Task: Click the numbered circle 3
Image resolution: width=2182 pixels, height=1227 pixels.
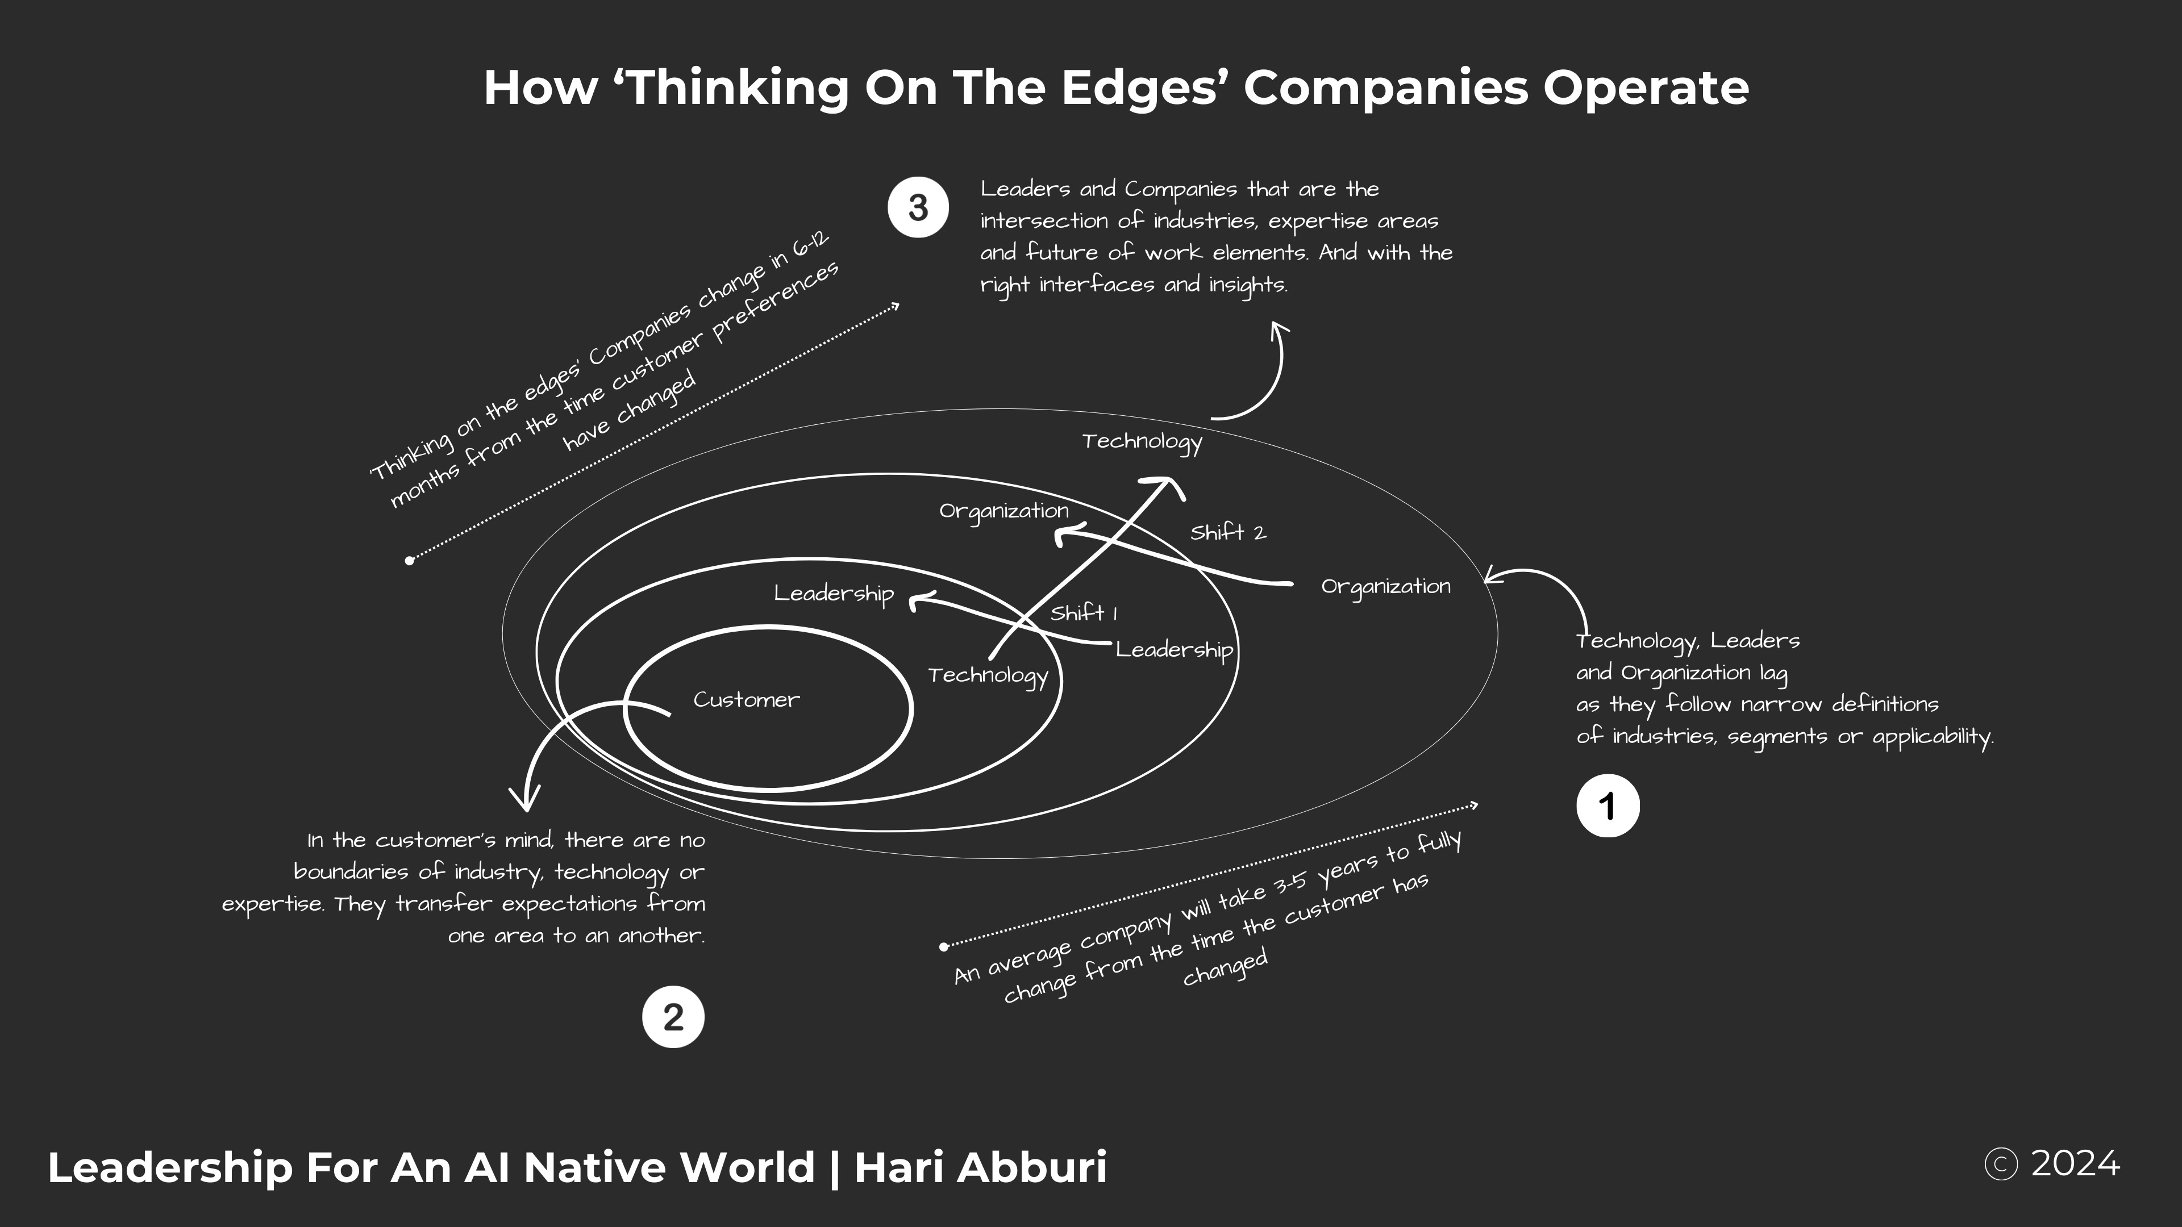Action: (x=918, y=207)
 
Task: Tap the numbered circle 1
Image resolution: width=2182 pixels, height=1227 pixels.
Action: (x=1608, y=806)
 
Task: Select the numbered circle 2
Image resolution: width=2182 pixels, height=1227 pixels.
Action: (x=673, y=1017)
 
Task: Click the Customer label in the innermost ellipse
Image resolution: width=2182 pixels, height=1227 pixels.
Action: (x=746, y=699)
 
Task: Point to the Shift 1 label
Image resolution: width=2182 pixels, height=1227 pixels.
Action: (x=1084, y=612)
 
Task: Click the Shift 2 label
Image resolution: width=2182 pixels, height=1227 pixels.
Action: (x=1227, y=533)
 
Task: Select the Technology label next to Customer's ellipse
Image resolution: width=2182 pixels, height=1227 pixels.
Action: (x=988, y=676)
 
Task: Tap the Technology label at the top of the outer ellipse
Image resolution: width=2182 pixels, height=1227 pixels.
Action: (x=1142, y=441)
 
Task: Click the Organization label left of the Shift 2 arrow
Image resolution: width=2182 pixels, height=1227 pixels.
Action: (x=1003, y=511)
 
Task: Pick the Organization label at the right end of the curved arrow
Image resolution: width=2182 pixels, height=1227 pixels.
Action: (x=1386, y=586)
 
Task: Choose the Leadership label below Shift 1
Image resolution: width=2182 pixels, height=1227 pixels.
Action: (x=1174, y=650)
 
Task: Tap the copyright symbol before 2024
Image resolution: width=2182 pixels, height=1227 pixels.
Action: (x=2001, y=1165)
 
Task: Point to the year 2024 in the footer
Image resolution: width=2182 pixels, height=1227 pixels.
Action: (x=2075, y=1165)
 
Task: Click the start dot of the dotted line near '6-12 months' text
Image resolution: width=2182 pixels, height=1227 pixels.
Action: (x=410, y=560)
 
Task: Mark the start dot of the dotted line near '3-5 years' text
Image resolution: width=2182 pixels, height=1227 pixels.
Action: (x=944, y=947)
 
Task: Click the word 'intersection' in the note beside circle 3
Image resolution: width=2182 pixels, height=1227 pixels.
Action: (x=1044, y=221)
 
